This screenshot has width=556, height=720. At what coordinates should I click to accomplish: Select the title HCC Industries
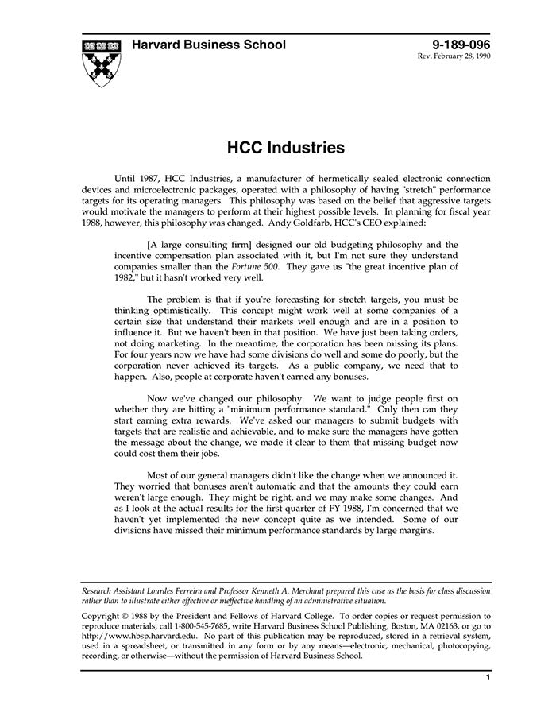coord(286,148)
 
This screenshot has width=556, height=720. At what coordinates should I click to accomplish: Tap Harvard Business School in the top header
coord(209,45)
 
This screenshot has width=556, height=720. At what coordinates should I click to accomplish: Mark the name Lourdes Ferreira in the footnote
coord(181,593)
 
